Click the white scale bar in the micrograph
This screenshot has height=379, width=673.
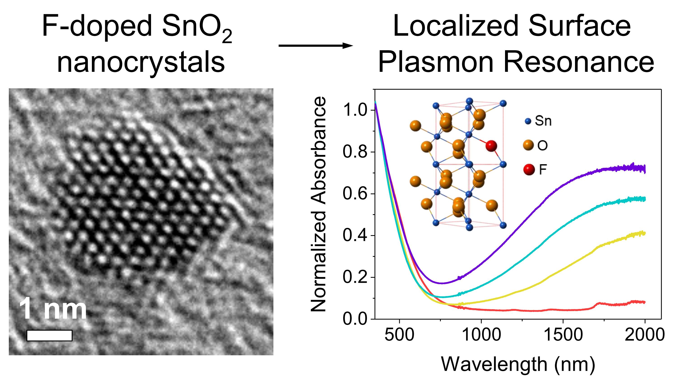[x=49, y=336]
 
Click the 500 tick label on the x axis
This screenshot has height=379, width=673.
[x=399, y=335]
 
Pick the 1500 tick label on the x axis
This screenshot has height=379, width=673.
[x=563, y=335]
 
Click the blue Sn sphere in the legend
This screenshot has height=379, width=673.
[x=528, y=121]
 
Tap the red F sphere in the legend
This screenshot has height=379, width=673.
[x=529, y=170]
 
